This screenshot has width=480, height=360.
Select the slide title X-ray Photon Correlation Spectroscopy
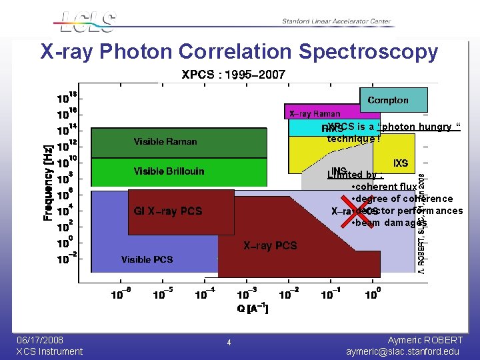(x=239, y=51)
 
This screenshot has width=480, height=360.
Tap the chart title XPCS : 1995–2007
(x=233, y=74)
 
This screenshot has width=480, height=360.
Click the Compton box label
(x=388, y=100)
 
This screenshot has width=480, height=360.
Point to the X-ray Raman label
(x=315, y=114)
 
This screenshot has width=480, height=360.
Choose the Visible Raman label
(x=165, y=141)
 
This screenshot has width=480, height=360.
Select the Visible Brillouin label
(x=169, y=171)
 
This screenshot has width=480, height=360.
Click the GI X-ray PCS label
(x=168, y=211)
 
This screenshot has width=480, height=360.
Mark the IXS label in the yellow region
(x=401, y=163)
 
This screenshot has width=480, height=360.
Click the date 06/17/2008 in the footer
(x=39, y=340)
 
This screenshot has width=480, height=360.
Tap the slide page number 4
(x=229, y=343)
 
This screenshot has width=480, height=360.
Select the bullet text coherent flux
(x=387, y=187)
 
